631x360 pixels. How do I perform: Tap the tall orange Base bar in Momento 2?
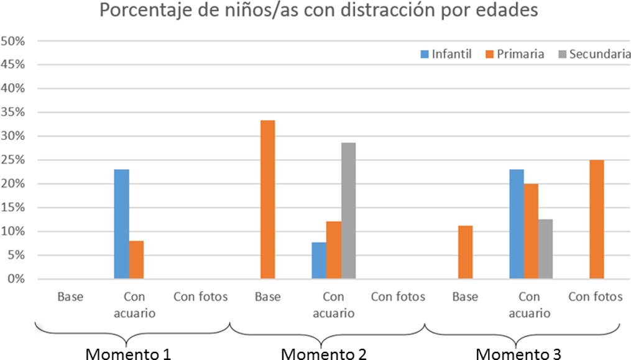click(267, 200)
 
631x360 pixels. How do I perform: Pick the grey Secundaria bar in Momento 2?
click(348, 211)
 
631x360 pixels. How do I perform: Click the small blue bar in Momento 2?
click(319, 261)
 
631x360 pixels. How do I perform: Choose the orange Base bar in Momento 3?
click(465, 252)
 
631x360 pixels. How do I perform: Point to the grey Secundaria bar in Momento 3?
click(545, 249)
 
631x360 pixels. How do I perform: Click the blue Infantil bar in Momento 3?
click(516, 224)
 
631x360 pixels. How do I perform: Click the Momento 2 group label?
click(323, 354)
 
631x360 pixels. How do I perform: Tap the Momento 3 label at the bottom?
click(518, 354)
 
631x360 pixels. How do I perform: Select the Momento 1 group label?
click(127, 354)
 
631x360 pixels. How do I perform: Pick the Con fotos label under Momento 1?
click(201, 297)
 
